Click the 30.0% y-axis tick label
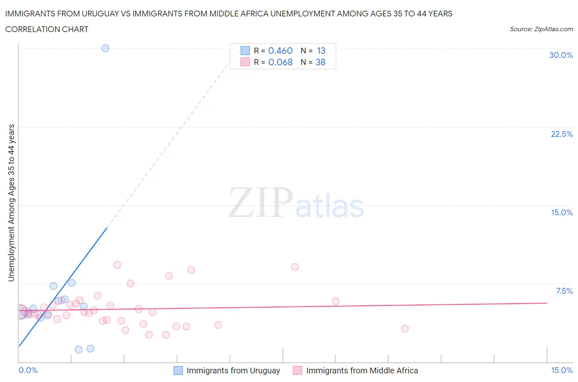(561, 55)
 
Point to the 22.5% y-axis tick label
(562, 134)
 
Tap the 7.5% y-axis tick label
(564, 291)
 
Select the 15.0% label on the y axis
(562, 212)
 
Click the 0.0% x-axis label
(28, 370)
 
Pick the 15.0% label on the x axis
(562, 370)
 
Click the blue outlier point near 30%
(105, 48)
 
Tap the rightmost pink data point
(405, 329)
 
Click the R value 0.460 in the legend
(280, 51)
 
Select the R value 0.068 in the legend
(280, 62)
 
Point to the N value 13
(321, 51)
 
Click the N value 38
(320, 62)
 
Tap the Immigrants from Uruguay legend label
(233, 370)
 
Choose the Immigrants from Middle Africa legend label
(362, 370)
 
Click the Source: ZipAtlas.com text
(541, 29)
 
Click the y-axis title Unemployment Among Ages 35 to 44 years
(11, 203)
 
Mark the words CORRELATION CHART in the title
(47, 29)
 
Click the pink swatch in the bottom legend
(297, 370)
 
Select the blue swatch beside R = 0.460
(245, 51)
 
